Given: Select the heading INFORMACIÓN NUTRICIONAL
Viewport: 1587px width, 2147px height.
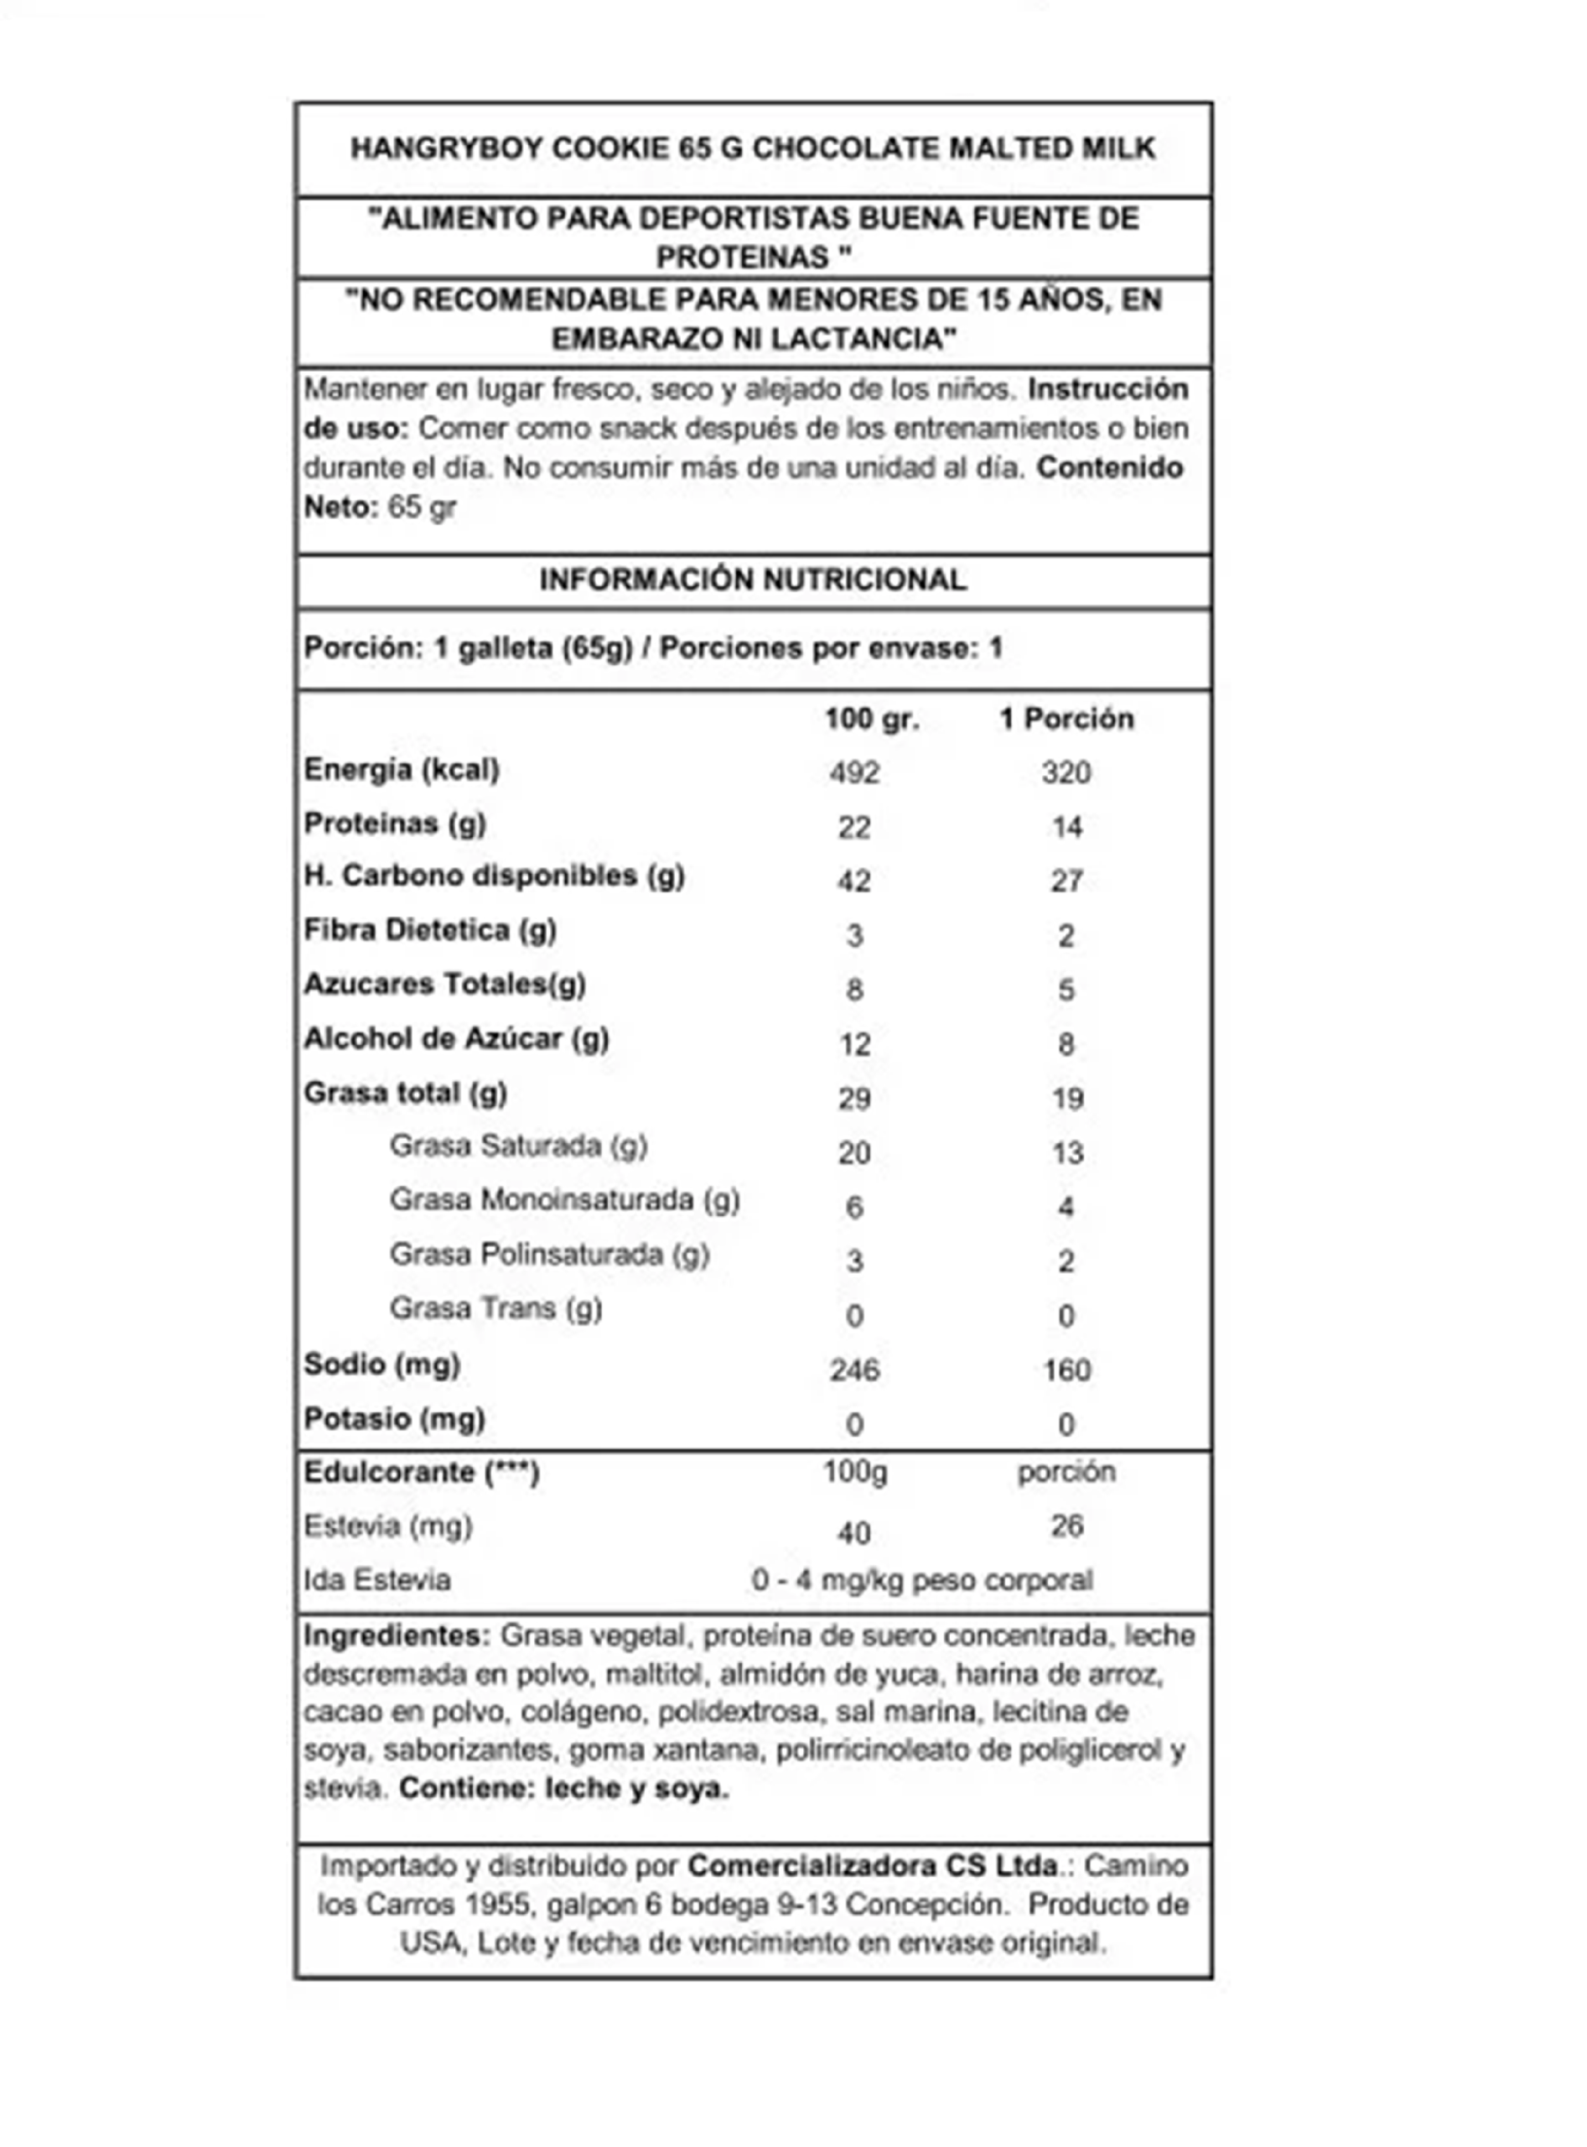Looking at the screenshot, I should coord(752,580).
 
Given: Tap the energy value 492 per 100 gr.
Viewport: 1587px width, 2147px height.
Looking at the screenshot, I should coord(854,772).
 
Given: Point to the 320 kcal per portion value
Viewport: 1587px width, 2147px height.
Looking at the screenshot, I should coord(1066,772).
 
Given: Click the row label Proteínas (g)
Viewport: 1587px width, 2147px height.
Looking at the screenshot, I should coord(395,824).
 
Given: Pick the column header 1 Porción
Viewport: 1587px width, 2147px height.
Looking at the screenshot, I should coord(1066,719).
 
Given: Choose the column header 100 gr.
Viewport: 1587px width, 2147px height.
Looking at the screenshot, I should coord(871,719).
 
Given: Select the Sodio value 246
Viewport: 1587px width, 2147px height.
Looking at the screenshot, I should coord(854,1370).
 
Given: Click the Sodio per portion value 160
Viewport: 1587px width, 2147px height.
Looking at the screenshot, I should coord(1066,1370).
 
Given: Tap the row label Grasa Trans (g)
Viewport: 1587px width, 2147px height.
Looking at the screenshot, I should coord(495,1309).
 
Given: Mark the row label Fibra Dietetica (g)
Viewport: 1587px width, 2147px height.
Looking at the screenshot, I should coord(429,930).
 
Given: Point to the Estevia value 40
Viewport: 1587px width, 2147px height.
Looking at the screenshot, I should coord(854,1533).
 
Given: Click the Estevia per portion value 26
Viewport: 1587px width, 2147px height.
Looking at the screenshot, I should coord(1066,1526).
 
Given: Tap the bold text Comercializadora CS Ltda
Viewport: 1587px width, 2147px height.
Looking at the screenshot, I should coord(872,1865).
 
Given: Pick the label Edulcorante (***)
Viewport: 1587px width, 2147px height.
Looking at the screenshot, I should coord(421,1473).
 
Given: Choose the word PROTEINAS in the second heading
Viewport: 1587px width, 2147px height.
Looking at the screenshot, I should coord(742,257).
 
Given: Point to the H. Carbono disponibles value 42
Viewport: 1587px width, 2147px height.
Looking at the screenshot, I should coord(854,881).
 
